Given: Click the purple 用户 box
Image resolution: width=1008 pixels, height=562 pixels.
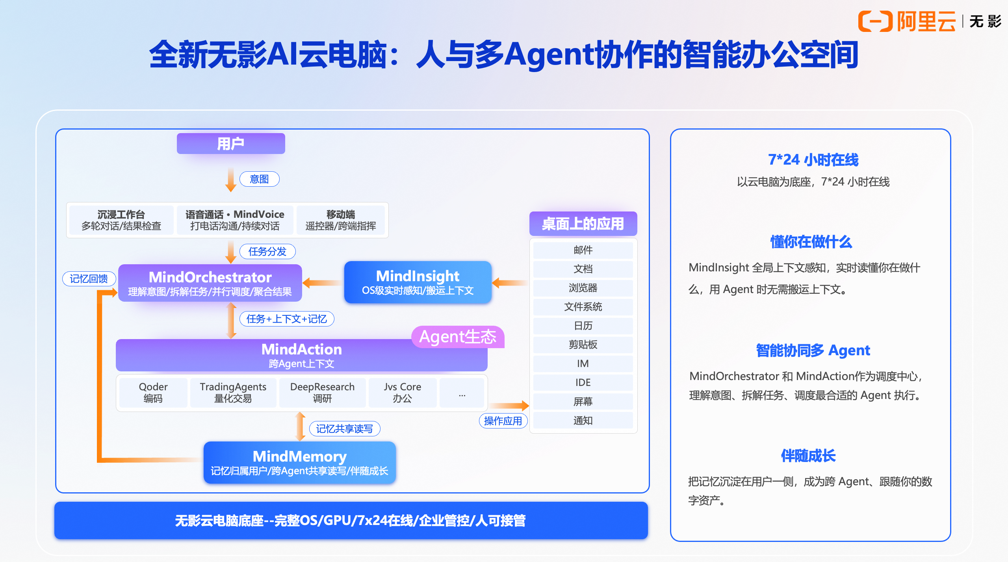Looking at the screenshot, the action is pyautogui.click(x=231, y=143).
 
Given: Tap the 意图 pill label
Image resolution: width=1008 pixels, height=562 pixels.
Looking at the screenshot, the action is pyautogui.click(x=259, y=179).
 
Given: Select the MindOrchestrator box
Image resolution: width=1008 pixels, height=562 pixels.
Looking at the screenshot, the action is pyautogui.click(x=210, y=283).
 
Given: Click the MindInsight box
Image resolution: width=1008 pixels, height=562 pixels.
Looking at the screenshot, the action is pyautogui.click(x=418, y=282).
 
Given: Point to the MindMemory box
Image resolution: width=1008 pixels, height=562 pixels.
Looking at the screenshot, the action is pyautogui.click(x=299, y=462).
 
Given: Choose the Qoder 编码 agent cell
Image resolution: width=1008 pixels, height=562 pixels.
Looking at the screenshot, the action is pyautogui.click(x=153, y=393).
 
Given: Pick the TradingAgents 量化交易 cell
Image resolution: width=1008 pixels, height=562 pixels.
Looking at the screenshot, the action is pyautogui.click(x=233, y=393).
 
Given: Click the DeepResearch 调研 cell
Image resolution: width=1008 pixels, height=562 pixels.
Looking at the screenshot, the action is pyautogui.click(x=322, y=393).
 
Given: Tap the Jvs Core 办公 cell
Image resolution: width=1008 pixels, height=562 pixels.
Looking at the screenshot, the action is pyautogui.click(x=402, y=393).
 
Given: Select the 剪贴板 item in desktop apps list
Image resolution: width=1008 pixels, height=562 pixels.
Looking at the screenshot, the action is pyautogui.click(x=583, y=345).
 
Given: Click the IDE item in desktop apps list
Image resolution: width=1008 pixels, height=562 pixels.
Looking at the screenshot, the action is pyautogui.click(x=583, y=382).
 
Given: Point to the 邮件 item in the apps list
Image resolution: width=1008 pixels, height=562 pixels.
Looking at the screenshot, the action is pyautogui.click(x=583, y=250).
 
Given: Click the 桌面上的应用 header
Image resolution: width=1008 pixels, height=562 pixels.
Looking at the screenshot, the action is pyautogui.click(x=583, y=224).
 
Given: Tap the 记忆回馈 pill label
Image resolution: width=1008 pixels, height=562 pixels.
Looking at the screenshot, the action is pyautogui.click(x=89, y=279).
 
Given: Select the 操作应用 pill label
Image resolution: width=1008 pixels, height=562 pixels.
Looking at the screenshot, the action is pyautogui.click(x=503, y=421).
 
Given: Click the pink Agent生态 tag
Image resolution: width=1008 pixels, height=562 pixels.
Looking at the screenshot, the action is pyautogui.click(x=458, y=337).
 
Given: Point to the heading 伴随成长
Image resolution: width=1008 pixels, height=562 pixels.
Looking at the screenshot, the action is pyautogui.click(x=808, y=456).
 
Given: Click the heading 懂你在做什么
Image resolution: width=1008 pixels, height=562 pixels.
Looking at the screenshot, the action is pyautogui.click(x=811, y=242).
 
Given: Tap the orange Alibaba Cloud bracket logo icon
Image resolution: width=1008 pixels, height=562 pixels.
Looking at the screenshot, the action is pyautogui.click(x=875, y=21).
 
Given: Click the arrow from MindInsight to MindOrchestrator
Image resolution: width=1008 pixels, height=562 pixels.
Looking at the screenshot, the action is pyautogui.click(x=322, y=282).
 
